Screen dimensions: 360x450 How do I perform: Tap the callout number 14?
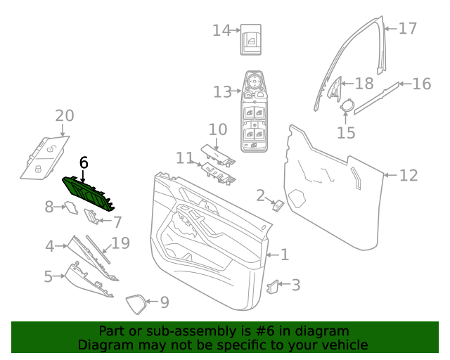coord(221,30)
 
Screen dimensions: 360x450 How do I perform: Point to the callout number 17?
coord(408,28)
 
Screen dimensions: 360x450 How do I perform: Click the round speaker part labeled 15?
coord(347,106)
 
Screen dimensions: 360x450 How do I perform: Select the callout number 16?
coord(421,84)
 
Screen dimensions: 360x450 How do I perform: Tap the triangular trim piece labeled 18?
coord(333,87)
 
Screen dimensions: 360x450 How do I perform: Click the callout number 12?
coord(409,175)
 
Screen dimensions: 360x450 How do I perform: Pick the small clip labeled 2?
coord(278,205)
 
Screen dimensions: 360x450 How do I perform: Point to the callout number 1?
coord(284,255)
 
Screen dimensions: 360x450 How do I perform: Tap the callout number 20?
coord(64,115)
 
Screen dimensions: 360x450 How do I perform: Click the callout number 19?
coord(121,243)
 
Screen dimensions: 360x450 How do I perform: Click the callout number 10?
coord(218,129)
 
